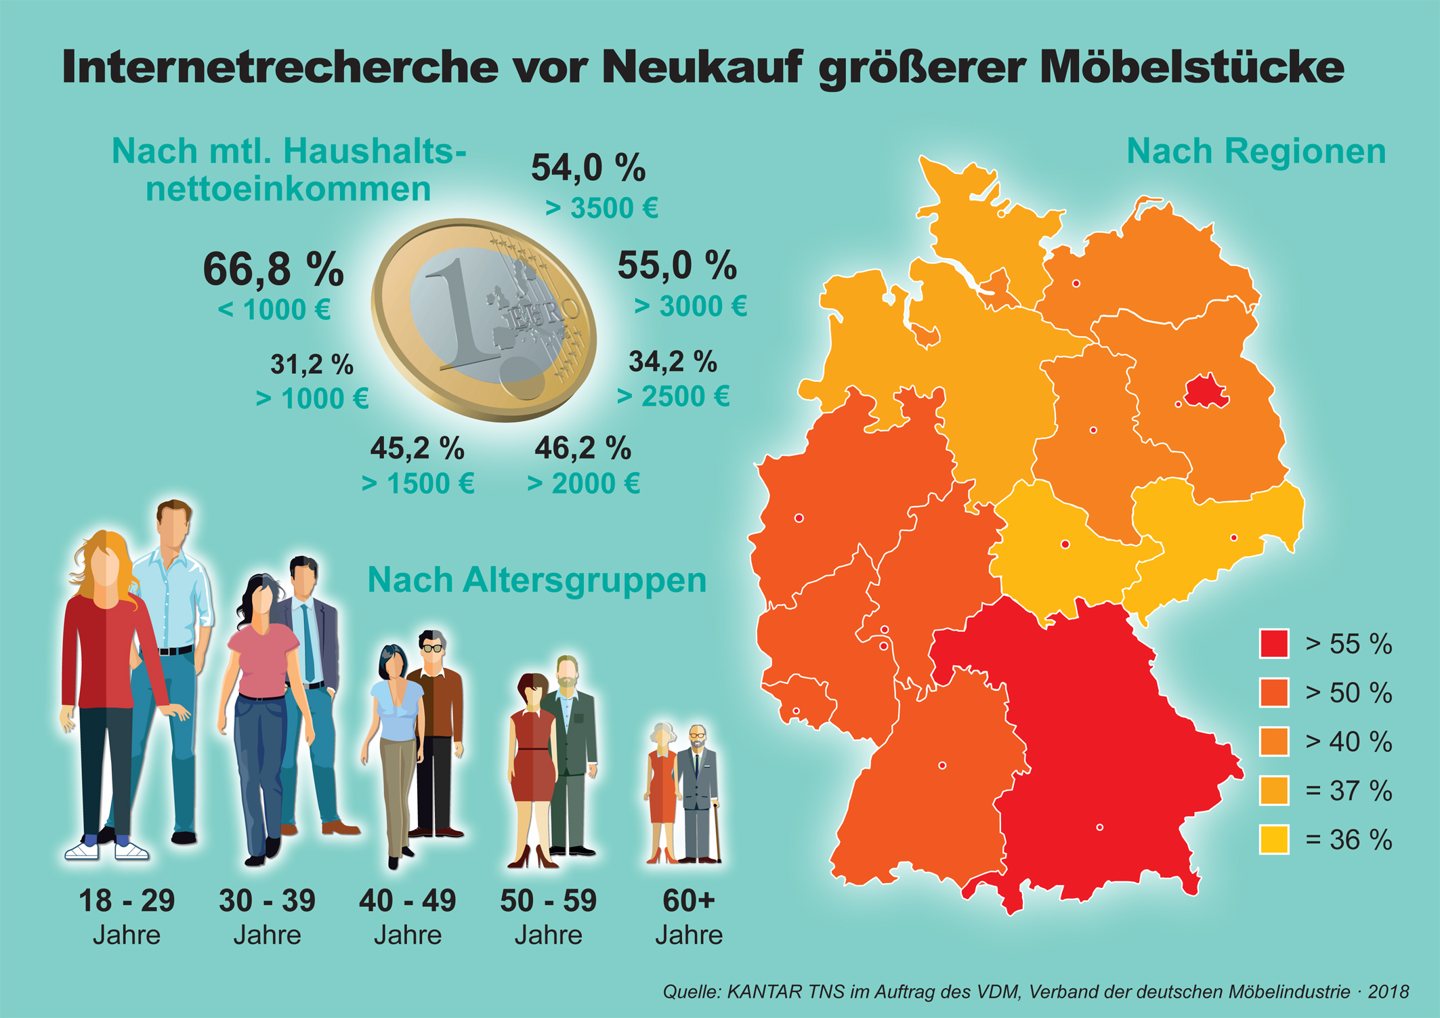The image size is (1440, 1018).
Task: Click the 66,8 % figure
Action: click(x=273, y=269)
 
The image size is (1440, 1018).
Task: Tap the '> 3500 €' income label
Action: click(x=601, y=209)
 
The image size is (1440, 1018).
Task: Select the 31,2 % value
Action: click(x=312, y=364)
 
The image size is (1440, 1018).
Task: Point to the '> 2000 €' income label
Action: click(x=583, y=484)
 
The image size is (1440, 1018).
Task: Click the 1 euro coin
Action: click(x=484, y=319)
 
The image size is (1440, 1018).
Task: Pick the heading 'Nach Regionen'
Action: click(x=1256, y=151)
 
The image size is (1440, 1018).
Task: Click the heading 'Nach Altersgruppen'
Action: click(x=536, y=580)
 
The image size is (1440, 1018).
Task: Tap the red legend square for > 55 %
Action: click(x=1273, y=643)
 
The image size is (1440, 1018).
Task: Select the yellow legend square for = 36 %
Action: click(x=1273, y=840)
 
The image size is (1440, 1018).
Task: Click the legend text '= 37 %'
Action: click(x=1349, y=790)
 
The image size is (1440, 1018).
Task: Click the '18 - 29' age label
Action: click(x=127, y=901)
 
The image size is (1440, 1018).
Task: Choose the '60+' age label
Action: click(x=688, y=901)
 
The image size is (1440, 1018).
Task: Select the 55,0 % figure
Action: click(x=677, y=265)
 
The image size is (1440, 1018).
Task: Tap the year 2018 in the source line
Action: click(x=1388, y=992)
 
